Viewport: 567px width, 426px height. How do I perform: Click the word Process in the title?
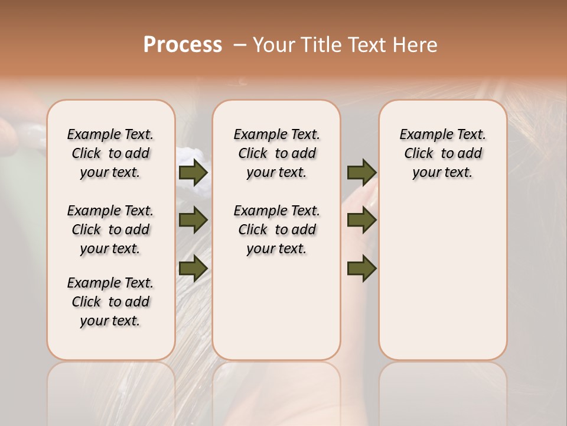click(183, 45)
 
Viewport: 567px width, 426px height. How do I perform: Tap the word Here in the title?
click(416, 45)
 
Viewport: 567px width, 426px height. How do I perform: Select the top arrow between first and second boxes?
click(193, 172)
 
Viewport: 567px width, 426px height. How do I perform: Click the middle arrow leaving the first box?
click(193, 220)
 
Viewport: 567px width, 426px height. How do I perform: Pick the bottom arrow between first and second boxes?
click(193, 268)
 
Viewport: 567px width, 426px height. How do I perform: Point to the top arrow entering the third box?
click(361, 172)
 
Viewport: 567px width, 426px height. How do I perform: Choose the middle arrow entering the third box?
click(361, 220)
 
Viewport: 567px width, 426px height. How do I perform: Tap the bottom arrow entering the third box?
click(361, 268)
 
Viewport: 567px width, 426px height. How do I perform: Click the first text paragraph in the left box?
click(110, 153)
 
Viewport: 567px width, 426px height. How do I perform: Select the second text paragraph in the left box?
click(110, 230)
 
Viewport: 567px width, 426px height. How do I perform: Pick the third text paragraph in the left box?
click(110, 302)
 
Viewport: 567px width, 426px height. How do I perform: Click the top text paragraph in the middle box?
click(277, 153)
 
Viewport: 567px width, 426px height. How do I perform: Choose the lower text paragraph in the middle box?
click(277, 230)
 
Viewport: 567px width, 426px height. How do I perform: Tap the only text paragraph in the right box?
click(443, 153)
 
